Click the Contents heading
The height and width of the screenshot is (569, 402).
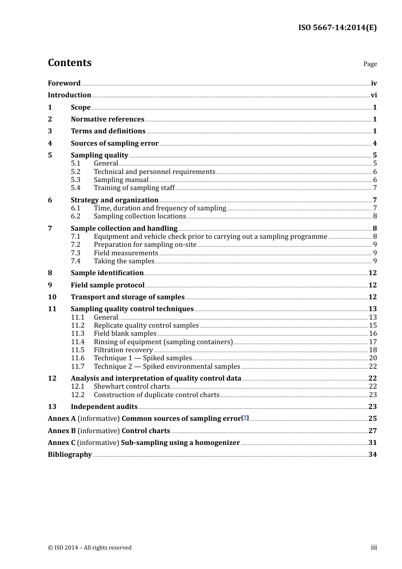coord(69,63)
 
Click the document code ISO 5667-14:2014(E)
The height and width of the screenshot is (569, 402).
coord(337,28)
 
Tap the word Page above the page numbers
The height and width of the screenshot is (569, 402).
coord(370,64)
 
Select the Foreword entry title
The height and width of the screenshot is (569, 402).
coord(64,83)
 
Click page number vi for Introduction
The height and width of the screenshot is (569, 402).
coord(374,95)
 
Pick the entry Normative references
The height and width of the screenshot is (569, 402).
coord(107,119)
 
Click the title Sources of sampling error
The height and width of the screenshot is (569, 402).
coord(115,144)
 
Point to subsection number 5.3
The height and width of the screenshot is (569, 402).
coord(75,180)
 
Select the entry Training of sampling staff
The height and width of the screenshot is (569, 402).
coord(134,188)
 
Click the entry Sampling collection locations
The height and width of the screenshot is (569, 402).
coord(140,216)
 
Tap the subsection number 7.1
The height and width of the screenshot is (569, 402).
coord(75,237)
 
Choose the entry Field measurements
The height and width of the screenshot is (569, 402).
coord(126,253)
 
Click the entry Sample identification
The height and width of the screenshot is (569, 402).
coord(107,273)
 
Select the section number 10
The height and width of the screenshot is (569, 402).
coord(52,297)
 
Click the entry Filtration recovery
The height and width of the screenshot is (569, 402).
coord(123,350)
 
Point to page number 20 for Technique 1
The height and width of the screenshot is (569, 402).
coord(373,358)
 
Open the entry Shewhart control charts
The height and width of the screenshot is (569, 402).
coord(132,387)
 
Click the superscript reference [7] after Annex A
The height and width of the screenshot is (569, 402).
coord(245,417)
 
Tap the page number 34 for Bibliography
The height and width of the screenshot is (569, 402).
coord(372,455)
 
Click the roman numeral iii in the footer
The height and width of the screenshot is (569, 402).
coord(374,547)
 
